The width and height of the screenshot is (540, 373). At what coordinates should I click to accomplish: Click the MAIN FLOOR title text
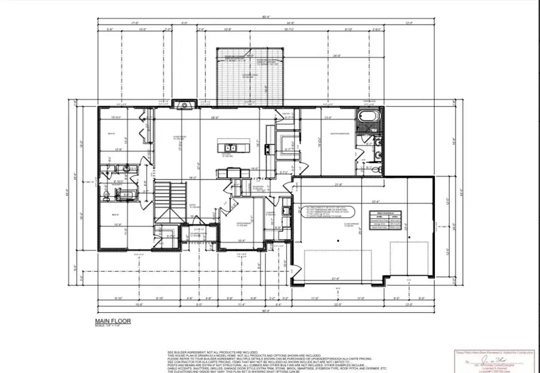point(113,321)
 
